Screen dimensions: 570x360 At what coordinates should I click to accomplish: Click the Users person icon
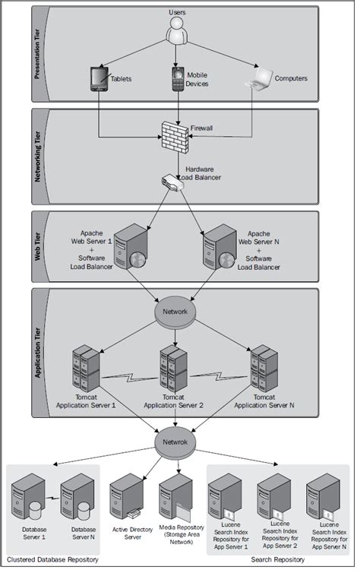pos(175,32)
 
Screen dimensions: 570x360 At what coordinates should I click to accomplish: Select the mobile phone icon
pos(177,78)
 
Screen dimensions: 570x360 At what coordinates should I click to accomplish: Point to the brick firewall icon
pos(175,136)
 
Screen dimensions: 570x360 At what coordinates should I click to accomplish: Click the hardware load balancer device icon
pos(169,182)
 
